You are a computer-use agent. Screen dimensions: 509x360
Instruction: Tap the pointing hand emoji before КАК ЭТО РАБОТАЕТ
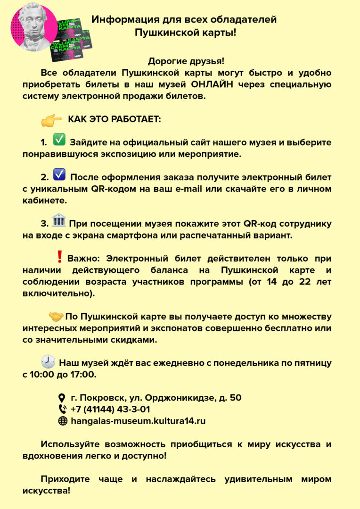(51, 120)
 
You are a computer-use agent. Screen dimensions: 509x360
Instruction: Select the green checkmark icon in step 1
(59, 140)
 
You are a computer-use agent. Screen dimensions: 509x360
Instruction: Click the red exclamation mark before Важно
(59, 256)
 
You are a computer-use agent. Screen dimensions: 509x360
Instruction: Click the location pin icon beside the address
(62, 398)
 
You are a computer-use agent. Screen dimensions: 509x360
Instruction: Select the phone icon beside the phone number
(62, 410)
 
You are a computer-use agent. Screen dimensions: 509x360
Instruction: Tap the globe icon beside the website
(62, 421)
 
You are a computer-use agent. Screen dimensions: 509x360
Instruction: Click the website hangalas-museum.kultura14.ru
(138, 421)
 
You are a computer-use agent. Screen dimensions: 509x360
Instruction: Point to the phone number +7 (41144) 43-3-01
(110, 409)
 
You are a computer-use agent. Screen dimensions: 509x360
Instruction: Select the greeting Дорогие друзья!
(186, 61)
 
